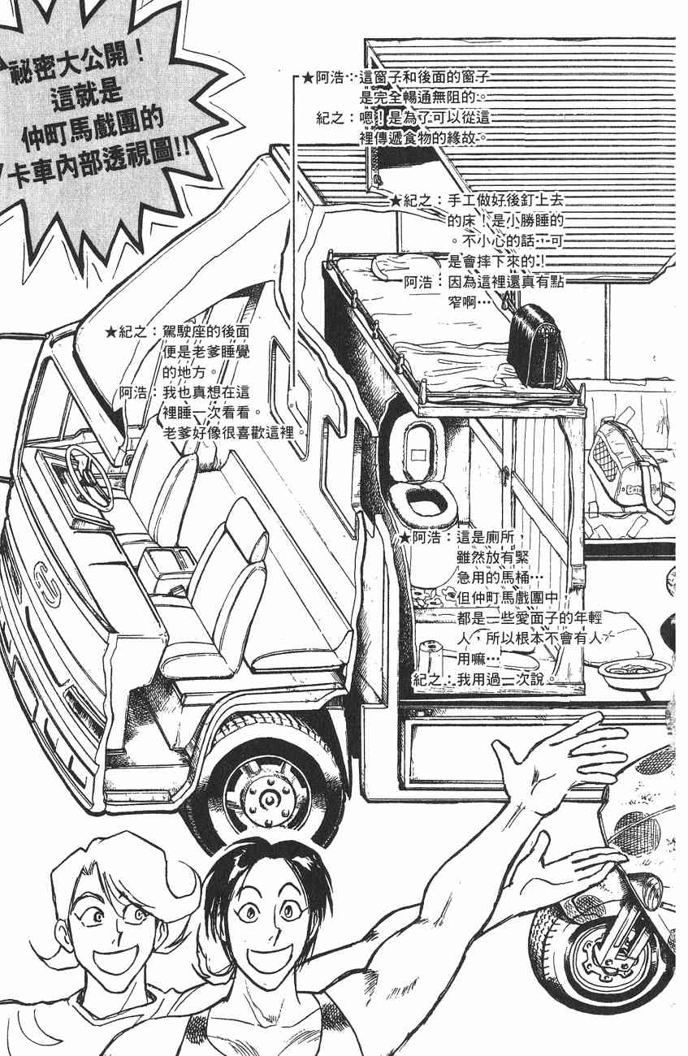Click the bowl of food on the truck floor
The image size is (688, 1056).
(x=634, y=673)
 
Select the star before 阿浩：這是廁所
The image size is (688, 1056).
(x=406, y=537)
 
